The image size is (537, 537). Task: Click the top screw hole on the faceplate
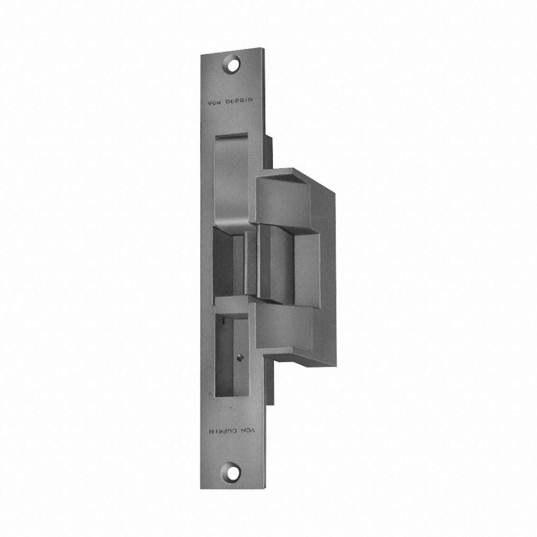tap(233, 64)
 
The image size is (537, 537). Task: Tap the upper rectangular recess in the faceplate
tap(231, 175)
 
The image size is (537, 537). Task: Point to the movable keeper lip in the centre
tap(275, 263)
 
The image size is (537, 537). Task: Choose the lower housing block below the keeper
tap(284, 327)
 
